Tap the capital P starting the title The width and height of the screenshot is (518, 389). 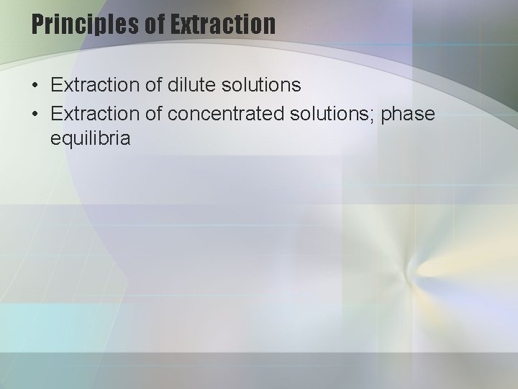(38, 24)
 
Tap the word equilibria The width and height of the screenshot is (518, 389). (91, 138)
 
